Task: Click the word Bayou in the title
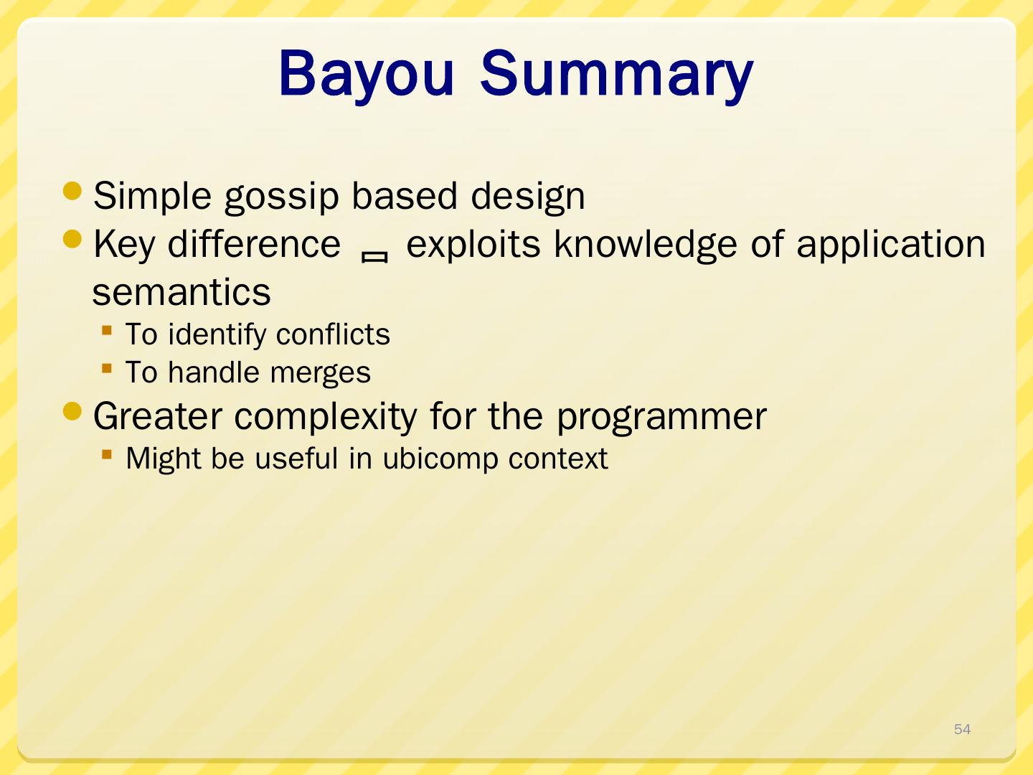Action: point(366,75)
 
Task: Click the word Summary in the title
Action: point(616,75)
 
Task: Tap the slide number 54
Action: point(962,729)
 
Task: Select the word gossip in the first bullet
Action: point(281,197)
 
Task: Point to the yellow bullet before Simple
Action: point(72,192)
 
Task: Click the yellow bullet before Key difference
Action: point(72,240)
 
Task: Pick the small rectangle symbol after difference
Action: point(374,257)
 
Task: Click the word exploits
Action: point(473,245)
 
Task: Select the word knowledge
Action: point(645,245)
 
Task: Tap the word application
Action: point(891,245)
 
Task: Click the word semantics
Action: point(181,293)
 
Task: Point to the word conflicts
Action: point(333,334)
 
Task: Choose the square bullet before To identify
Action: point(107,330)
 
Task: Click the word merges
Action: point(321,373)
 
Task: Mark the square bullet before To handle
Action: point(107,368)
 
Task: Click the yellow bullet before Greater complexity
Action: point(72,411)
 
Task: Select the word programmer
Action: point(661,418)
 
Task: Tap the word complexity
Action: point(325,418)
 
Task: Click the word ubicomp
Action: point(440,459)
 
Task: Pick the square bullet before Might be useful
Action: point(107,454)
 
